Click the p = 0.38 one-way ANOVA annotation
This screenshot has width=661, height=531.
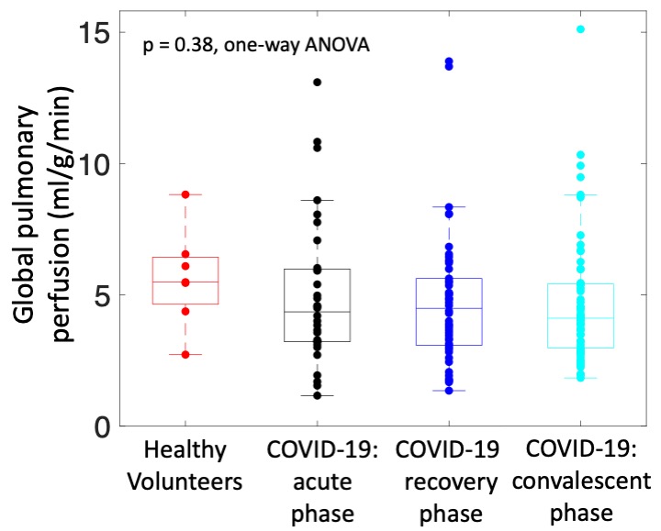(x=256, y=46)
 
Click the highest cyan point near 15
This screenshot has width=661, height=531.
(x=580, y=29)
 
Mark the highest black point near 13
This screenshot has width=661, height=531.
(x=317, y=83)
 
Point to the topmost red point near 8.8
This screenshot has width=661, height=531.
(x=185, y=194)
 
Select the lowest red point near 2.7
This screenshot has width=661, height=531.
(x=185, y=354)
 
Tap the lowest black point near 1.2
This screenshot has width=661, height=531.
(x=317, y=395)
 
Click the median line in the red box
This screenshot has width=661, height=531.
(x=185, y=282)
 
